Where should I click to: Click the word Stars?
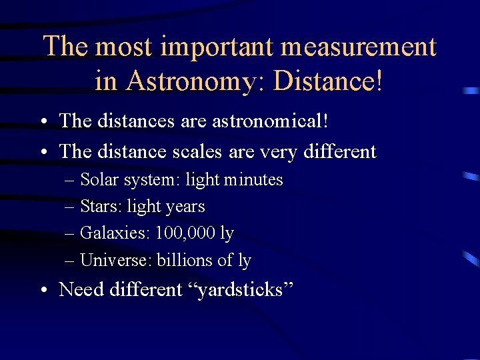pyautogui.click(x=97, y=207)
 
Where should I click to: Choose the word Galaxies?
pyautogui.click(x=115, y=233)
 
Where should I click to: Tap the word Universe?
pyautogui.click(x=115, y=260)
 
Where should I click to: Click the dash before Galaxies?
pyautogui.click(x=69, y=234)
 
